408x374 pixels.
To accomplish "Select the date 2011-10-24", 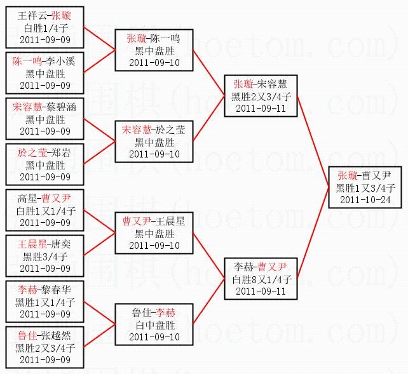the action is [x=365, y=199].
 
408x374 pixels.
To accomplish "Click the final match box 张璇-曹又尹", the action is [x=365, y=187].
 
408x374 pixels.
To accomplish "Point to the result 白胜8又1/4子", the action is [x=261, y=279].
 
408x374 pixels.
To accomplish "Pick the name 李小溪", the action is [x=62, y=62].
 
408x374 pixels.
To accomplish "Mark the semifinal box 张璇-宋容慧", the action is [x=261, y=96].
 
